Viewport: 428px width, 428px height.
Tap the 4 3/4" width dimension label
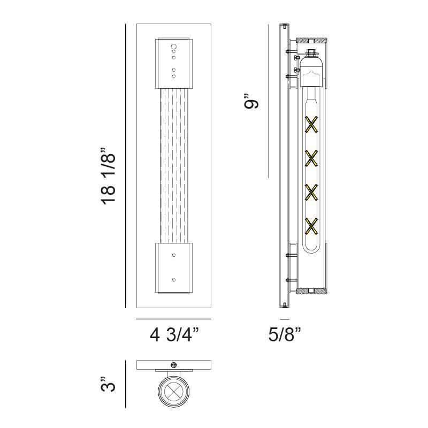pyautogui.click(x=174, y=335)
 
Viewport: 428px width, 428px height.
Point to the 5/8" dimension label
pyautogui.click(x=285, y=335)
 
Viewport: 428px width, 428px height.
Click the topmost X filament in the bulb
pyautogui.click(x=311, y=125)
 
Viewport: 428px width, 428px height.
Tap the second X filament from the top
pyautogui.click(x=311, y=158)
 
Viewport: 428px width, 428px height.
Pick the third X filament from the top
pyautogui.click(x=311, y=193)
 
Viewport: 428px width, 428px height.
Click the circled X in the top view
pyautogui.click(x=173, y=392)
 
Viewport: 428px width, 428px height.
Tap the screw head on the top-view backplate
pyautogui.click(x=173, y=365)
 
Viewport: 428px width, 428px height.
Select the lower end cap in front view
pyautogui.click(x=173, y=267)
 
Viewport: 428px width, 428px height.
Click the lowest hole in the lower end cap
pyautogui.click(x=173, y=279)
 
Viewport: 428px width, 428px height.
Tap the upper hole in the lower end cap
pyautogui.click(x=173, y=256)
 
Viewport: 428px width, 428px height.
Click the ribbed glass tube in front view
pyautogui.click(x=173, y=166)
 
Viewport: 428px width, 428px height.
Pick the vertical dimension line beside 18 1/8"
pyautogui.click(x=125, y=166)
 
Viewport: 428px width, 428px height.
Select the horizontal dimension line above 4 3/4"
pyautogui.click(x=173, y=319)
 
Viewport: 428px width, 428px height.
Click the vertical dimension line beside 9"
pyautogui.click(x=268, y=102)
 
